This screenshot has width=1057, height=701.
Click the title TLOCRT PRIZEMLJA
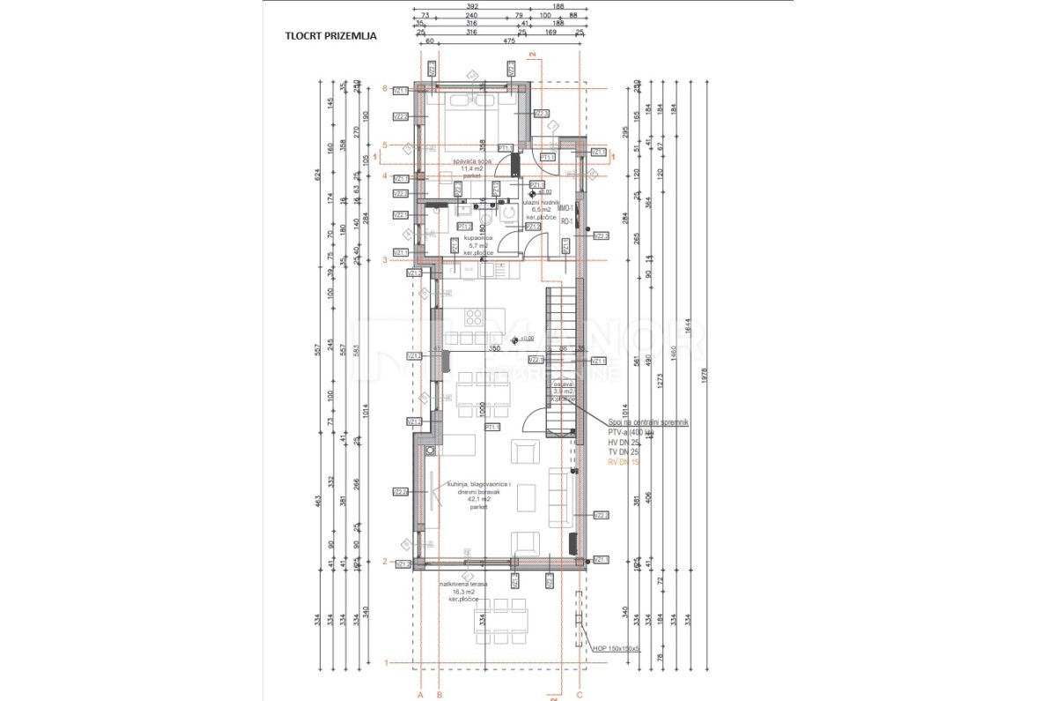[331, 36]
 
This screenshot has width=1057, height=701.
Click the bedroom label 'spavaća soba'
[473, 163]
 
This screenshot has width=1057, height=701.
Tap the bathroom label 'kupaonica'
[479, 238]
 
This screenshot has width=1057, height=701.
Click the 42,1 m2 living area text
[478, 499]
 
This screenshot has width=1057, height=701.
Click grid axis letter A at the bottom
[421, 695]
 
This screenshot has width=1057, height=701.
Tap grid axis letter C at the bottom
[579, 695]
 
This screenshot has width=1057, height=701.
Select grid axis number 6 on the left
[385, 88]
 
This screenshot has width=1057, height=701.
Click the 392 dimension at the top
[478, 6]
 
